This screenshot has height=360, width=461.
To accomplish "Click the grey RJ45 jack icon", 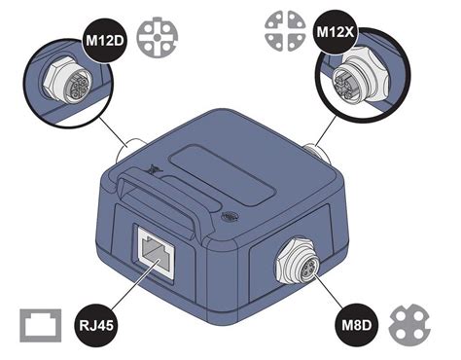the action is click(x=43, y=323).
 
